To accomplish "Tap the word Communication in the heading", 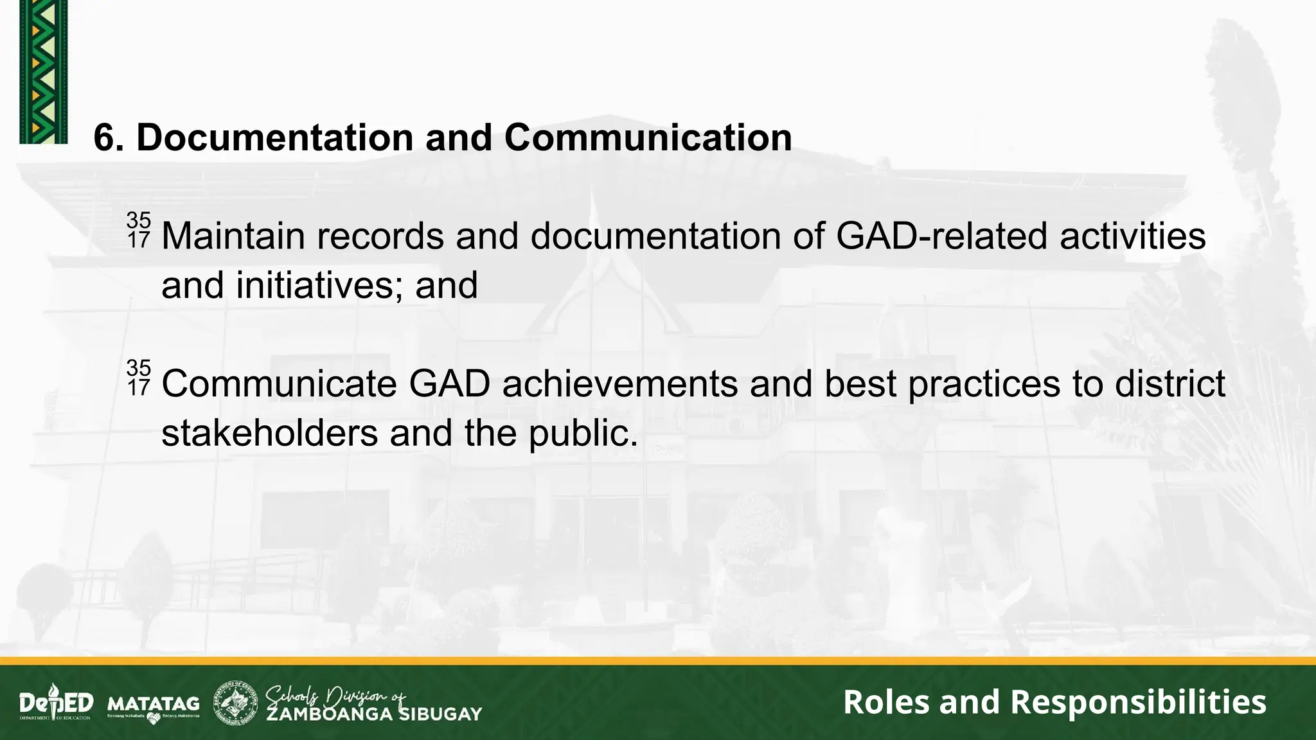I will pos(648,137).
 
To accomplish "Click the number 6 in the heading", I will pos(103,137).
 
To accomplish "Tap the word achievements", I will pos(619,384).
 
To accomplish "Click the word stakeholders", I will pos(269,433).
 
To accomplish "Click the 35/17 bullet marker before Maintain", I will pos(138,230).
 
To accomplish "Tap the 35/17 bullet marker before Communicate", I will pos(138,378).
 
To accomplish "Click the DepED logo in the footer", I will pos(56,703).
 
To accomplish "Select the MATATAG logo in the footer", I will pos(154,705).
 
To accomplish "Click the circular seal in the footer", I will pos(235,703).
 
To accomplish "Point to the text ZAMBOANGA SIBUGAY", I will pos(374,714).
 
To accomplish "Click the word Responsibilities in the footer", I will pos(1138,701).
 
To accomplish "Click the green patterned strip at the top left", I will pos(43,71).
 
